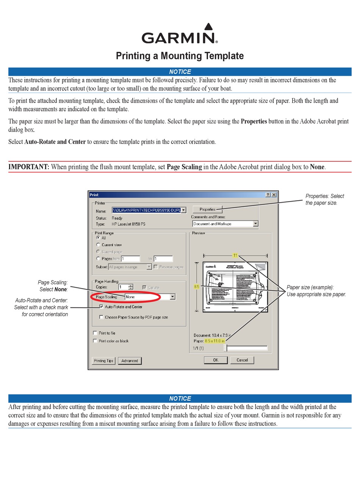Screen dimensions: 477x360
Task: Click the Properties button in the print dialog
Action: [207, 209]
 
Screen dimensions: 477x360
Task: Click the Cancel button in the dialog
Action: [242, 360]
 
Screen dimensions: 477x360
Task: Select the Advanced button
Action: [130, 361]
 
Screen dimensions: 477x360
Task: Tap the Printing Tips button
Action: [103, 361]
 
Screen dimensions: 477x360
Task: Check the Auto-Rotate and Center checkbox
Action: [101, 307]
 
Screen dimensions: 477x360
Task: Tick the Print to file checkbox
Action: [95, 333]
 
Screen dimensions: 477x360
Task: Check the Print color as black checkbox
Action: [95, 341]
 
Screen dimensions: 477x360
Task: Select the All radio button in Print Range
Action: [98, 238]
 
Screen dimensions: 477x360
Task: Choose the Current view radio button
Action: [98, 245]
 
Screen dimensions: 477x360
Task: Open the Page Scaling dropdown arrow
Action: [172, 297]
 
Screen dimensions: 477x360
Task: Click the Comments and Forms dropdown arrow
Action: [255, 224]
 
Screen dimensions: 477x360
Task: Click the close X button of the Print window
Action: [274, 195]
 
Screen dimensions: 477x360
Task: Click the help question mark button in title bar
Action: [268, 195]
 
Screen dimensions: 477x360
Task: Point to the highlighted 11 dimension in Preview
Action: [235, 256]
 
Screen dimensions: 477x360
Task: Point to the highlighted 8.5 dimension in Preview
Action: [197, 287]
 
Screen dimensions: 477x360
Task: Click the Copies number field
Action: [124, 287]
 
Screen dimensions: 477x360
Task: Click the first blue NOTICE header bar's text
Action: [180, 72]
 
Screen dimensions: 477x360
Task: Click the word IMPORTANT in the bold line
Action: [29, 167]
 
